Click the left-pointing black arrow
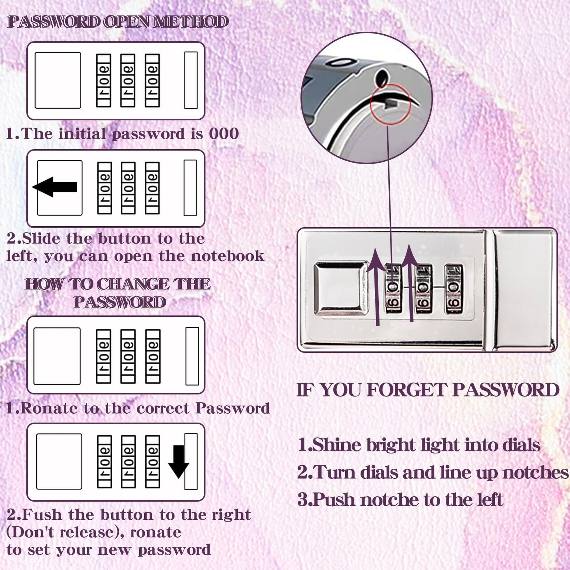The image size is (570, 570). tap(55, 187)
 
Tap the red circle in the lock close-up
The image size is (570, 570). tap(390, 104)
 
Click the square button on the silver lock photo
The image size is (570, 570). tap(341, 289)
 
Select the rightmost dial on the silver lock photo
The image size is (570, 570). tap(454, 289)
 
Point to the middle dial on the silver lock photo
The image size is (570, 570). tap(424, 289)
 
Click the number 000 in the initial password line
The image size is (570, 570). tap(224, 134)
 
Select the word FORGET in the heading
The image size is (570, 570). tap(406, 390)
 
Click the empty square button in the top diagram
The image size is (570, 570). tap(58, 80)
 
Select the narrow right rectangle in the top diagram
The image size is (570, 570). tap(191, 80)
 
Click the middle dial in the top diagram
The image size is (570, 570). tap(128, 81)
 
